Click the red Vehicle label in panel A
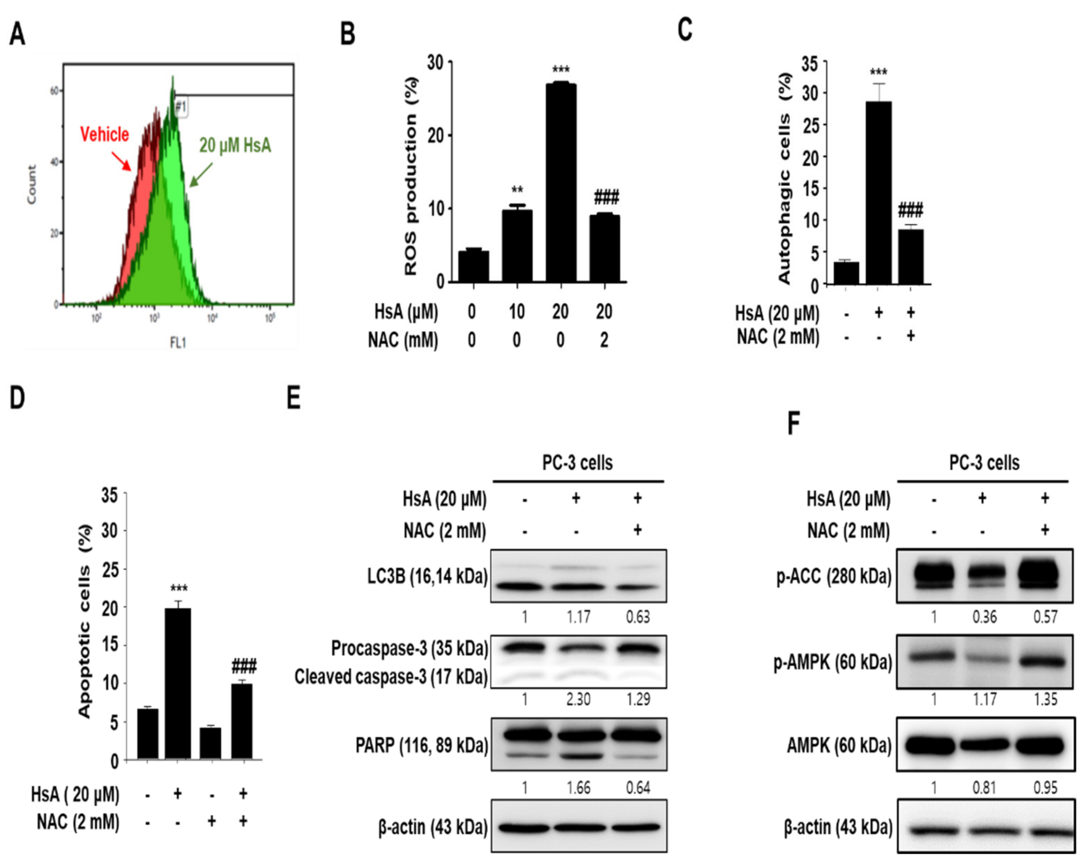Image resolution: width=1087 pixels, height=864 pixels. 104,134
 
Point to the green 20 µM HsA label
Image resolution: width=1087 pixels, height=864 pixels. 235,146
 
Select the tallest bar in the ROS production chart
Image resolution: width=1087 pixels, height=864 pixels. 560,181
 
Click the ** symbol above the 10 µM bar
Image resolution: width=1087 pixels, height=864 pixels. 517,190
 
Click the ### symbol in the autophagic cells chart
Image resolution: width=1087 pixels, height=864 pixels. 910,210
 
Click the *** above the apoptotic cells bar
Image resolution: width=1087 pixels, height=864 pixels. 179,588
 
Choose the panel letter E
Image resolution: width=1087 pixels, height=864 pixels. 293,399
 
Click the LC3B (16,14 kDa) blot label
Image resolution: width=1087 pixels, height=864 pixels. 428,576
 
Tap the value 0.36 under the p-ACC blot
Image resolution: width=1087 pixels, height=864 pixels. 984,617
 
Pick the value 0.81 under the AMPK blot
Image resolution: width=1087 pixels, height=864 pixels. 984,787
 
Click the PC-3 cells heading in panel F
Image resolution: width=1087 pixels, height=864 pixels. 984,462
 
